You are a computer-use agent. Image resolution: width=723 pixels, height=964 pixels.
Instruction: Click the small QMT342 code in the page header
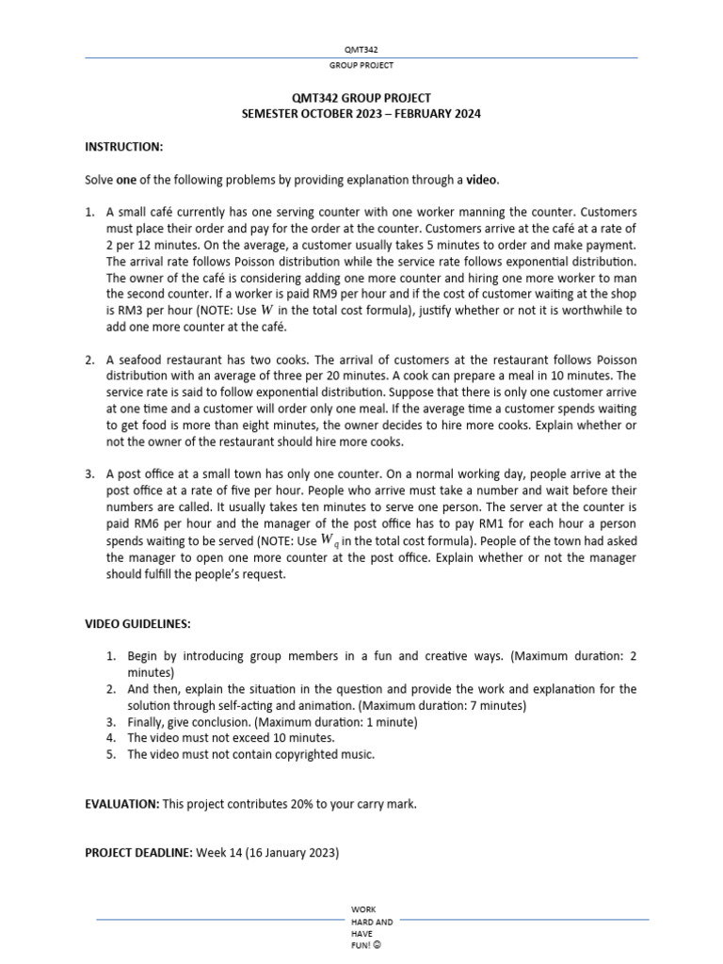tap(361, 49)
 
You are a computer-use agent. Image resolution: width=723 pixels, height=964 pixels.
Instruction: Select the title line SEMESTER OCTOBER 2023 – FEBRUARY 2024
tap(361, 113)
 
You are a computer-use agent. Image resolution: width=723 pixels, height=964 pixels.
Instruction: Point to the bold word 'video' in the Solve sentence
tap(481, 180)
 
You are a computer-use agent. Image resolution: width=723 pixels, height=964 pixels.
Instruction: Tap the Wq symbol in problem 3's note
tap(329, 540)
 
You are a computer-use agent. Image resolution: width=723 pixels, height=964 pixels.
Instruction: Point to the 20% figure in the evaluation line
tap(297, 804)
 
